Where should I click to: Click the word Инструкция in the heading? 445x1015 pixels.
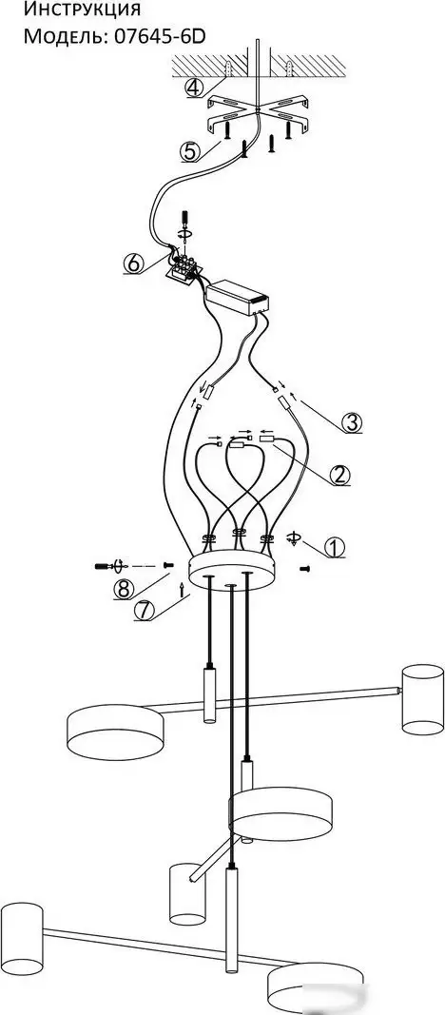pyautogui.click(x=82, y=10)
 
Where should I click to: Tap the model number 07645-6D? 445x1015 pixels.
pyautogui.click(x=159, y=35)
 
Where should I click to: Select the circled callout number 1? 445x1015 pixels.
pyautogui.click(x=334, y=548)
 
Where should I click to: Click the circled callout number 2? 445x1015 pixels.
pyautogui.click(x=340, y=475)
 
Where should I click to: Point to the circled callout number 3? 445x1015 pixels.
pyautogui.click(x=350, y=422)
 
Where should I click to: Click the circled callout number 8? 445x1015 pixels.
pyautogui.click(x=124, y=589)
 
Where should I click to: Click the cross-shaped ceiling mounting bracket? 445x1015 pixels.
pyautogui.click(x=258, y=114)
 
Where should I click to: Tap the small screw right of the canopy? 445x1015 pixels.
pyautogui.click(x=305, y=568)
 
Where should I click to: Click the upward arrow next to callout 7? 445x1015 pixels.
pyautogui.click(x=182, y=589)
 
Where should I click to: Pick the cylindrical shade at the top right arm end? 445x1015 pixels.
pyautogui.click(x=423, y=699)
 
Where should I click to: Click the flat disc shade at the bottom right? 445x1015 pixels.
pyautogui.click(x=315, y=986)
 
